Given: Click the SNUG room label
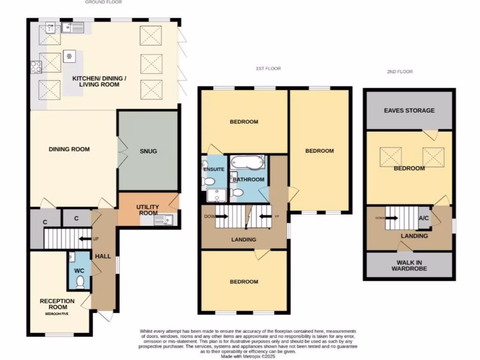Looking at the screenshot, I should pos(148,151).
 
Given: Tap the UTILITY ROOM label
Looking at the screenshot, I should pos(148,210).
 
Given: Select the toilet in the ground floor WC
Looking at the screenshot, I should pos(80,281).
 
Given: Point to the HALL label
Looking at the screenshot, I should pos(103,256).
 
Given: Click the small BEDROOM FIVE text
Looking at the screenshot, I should pos(57,314).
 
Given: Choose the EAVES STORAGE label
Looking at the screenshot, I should pos(409,111).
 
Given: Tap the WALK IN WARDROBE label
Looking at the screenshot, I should pos(409,266).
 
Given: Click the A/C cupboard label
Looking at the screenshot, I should pos(424,218).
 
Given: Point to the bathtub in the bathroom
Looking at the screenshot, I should pos(247,163).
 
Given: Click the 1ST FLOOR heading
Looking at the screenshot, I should pos(268,69).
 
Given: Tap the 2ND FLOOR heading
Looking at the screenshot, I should pos(399,72).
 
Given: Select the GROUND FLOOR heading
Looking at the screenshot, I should pos(103,2).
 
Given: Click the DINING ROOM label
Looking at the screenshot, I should pos(69,150).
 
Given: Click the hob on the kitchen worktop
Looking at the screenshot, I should pos(36,67).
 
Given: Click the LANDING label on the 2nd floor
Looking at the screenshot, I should pos(415,236).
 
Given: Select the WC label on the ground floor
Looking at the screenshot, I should pos(79,270).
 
